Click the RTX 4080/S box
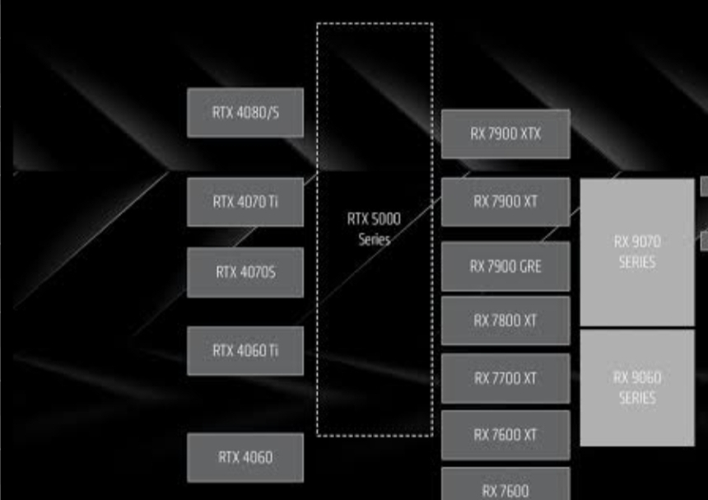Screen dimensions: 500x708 point(245,113)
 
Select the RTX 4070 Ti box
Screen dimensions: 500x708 point(245,202)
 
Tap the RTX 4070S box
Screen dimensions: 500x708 point(245,273)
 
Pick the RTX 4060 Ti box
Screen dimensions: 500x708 point(245,351)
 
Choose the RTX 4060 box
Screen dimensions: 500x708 point(245,458)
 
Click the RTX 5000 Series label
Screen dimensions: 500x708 point(375,230)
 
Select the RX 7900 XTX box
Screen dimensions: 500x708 point(505,134)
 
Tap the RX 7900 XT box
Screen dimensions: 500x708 point(505,202)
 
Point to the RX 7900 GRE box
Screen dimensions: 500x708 point(505,266)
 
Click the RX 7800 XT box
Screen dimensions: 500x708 point(505,320)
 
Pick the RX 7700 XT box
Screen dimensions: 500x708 point(505,378)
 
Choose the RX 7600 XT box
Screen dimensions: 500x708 point(505,434)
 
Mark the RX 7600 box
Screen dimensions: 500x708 point(505,488)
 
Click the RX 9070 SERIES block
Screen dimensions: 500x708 point(637,252)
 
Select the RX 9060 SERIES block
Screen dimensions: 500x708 point(637,388)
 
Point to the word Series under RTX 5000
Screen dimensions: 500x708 point(375,240)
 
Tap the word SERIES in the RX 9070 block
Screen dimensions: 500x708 point(637,263)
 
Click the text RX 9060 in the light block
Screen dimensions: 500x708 point(637,378)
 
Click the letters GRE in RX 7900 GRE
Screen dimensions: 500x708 point(529,266)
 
